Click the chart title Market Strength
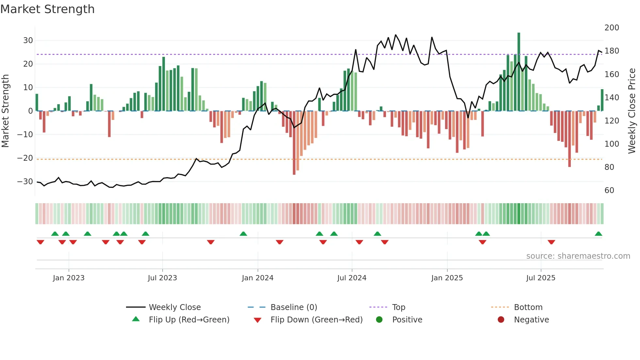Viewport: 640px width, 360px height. click(x=47, y=9)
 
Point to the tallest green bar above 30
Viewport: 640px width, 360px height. click(x=519, y=72)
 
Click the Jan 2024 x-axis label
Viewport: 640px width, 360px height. click(x=258, y=278)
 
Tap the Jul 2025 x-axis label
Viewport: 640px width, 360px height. click(x=541, y=278)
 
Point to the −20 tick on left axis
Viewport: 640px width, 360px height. click(x=25, y=158)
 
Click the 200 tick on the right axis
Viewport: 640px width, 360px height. click(x=612, y=28)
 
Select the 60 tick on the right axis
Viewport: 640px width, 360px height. click(x=609, y=190)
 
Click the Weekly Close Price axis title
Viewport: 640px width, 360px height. click(x=632, y=111)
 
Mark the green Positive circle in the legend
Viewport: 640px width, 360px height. click(x=379, y=320)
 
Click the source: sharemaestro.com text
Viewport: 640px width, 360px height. click(x=578, y=256)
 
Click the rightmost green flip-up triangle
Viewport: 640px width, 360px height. click(x=599, y=234)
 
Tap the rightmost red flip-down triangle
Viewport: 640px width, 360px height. click(x=552, y=242)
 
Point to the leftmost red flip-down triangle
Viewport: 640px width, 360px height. click(x=40, y=242)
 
